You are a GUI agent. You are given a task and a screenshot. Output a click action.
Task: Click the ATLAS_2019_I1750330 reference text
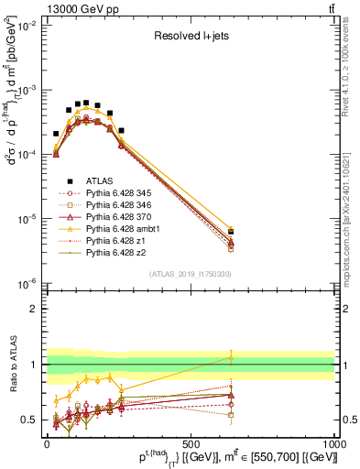(x=189, y=273)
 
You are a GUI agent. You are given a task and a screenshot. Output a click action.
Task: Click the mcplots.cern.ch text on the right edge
(x=352, y=220)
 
